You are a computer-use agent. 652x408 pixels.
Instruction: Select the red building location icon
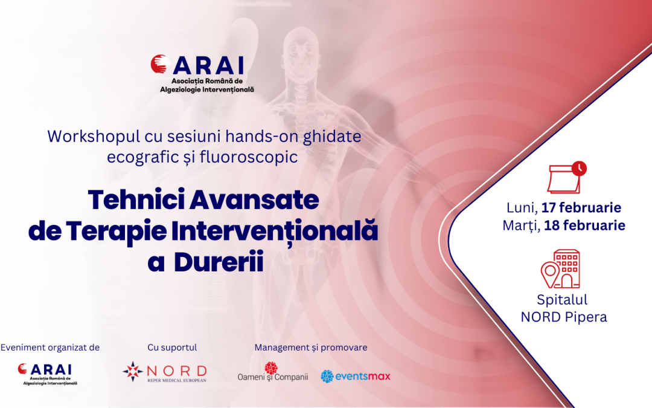click(x=560, y=269)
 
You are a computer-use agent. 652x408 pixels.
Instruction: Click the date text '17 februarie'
click(x=581, y=208)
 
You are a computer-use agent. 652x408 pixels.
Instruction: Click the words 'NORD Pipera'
click(x=564, y=317)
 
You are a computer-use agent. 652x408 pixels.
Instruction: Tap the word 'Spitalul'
click(x=562, y=299)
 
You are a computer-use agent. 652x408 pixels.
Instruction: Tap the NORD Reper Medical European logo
click(x=164, y=372)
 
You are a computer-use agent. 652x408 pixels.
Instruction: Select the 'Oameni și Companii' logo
click(x=273, y=373)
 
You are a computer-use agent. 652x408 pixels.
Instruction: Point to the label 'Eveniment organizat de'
click(x=50, y=348)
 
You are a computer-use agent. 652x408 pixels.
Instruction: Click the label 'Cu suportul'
click(x=172, y=348)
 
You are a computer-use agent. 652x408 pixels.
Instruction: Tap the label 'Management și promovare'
click(x=310, y=348)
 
